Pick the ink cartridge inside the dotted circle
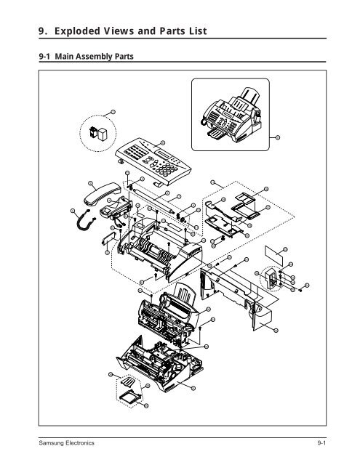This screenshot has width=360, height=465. pos(97,134)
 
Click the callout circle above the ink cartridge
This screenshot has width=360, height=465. pos(113,110)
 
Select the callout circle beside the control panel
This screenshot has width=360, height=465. pos(162,142)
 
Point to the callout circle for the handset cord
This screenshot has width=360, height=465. pos(73,211)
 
